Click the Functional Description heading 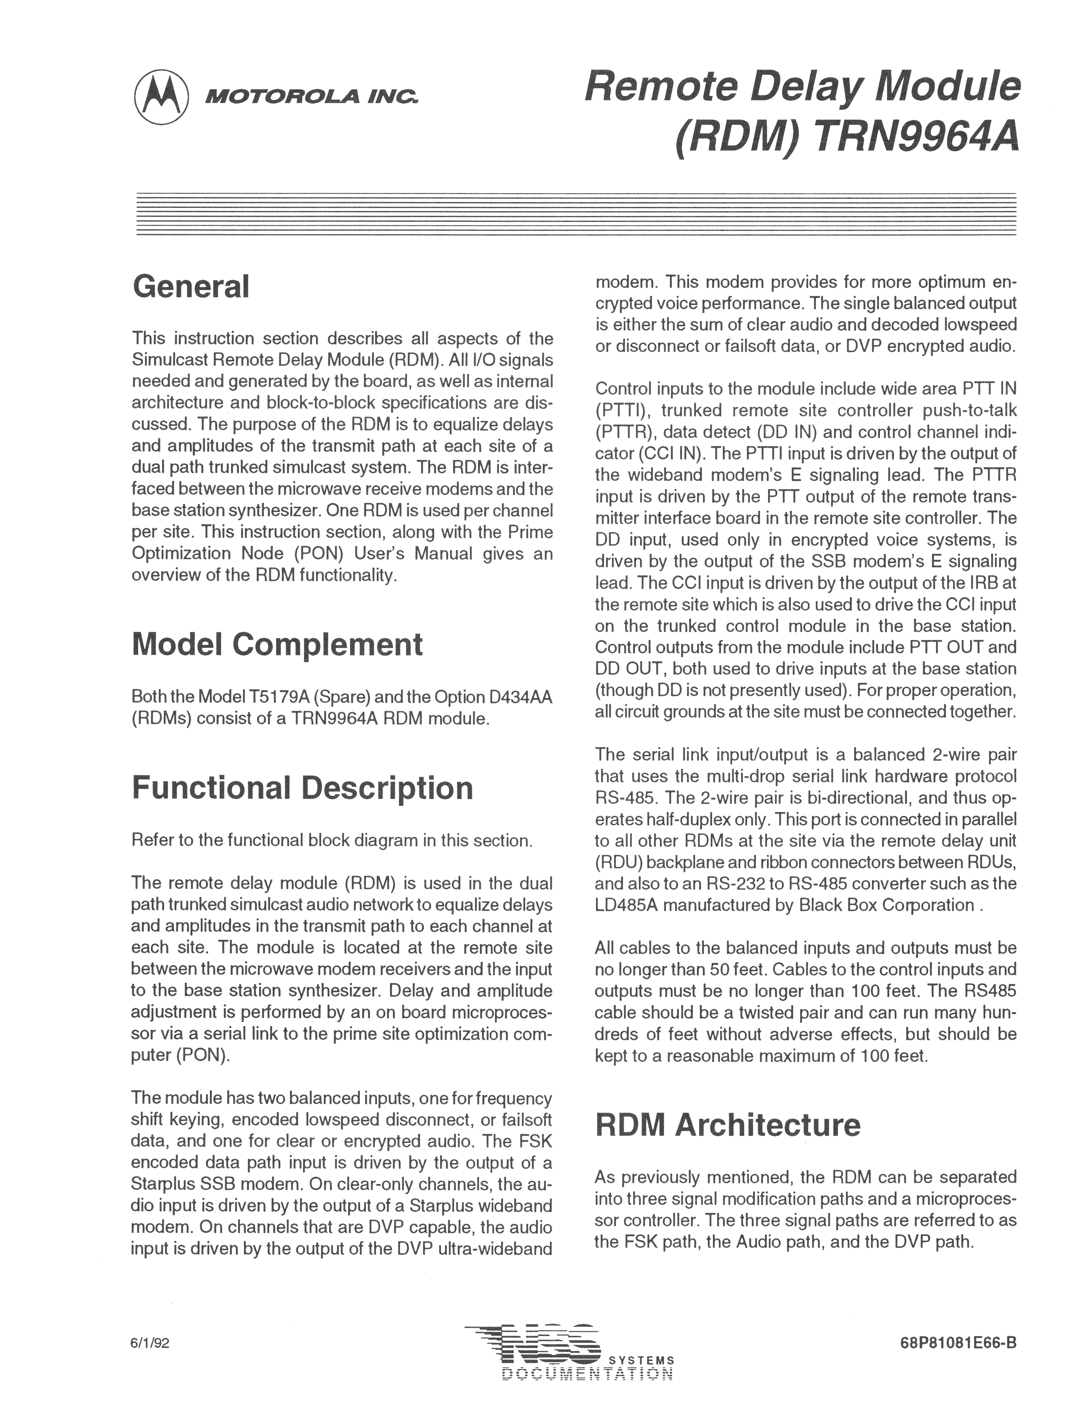(x=302, y=788)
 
